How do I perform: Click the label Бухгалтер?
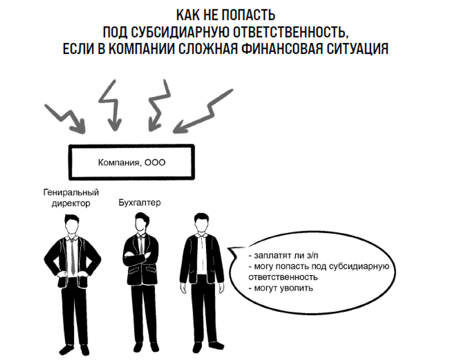(139, 203)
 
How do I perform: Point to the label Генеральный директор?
(71, 198)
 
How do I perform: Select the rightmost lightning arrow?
(205, 111)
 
